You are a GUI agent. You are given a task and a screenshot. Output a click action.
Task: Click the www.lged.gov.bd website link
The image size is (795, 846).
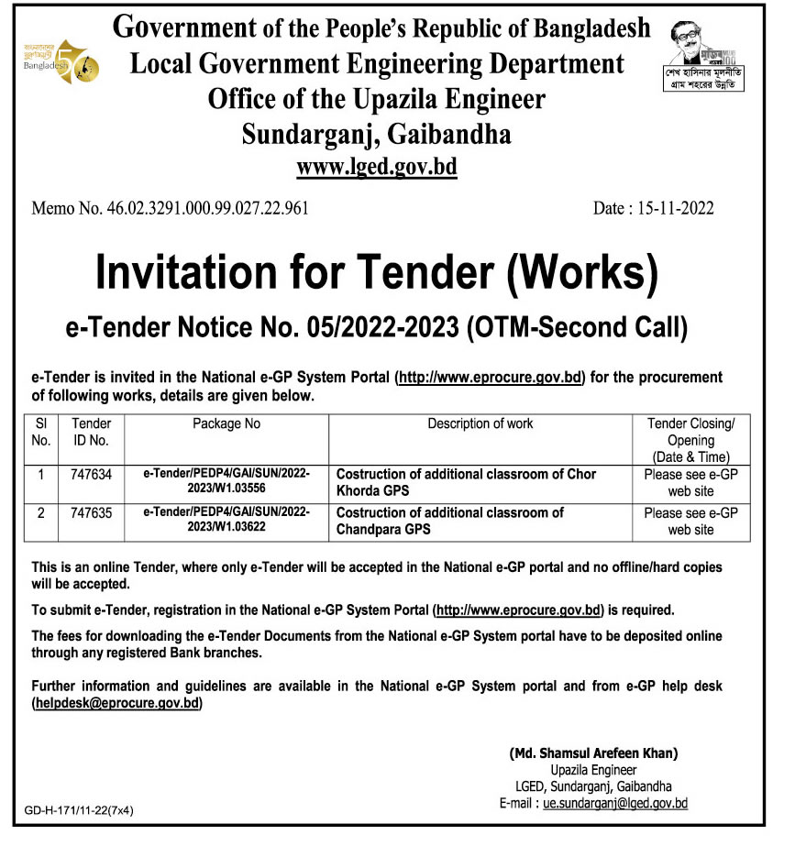tap(377, 168)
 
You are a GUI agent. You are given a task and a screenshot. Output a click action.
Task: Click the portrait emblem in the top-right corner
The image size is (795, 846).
tap(704, 54)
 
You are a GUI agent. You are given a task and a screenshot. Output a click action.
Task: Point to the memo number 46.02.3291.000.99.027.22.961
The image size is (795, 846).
tap(171, 208)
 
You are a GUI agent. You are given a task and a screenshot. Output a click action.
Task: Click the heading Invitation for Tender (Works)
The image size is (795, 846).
tap(377, 273)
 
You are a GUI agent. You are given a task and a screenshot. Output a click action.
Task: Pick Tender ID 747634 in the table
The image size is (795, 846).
tap(91, 475)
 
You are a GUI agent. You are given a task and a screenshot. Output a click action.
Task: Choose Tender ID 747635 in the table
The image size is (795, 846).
tap(91, 513)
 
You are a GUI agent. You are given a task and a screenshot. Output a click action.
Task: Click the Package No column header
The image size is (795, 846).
tap(226, 423)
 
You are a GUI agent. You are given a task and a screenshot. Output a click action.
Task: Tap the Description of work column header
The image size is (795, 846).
tap(480, 423)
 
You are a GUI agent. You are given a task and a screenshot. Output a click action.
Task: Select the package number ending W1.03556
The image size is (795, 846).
tap(226, 481)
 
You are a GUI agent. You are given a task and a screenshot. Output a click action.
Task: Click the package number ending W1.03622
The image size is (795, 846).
tap(226, 520)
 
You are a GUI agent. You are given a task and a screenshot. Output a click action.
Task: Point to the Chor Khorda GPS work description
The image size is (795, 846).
tap(466, 481)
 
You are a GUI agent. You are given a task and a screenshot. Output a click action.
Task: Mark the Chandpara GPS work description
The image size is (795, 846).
tap(450, 520)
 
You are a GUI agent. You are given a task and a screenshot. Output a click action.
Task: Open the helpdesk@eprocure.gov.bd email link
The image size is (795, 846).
tap(117, 703)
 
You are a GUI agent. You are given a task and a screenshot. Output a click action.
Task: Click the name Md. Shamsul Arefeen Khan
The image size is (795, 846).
tap(593, 753)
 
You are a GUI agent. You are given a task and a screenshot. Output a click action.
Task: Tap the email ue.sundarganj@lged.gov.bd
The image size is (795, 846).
tap(615, 802)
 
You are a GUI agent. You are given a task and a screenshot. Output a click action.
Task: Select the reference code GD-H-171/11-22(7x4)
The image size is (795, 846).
tap(80, 810)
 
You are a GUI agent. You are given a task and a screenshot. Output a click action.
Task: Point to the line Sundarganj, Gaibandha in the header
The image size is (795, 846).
tap(377, 135)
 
